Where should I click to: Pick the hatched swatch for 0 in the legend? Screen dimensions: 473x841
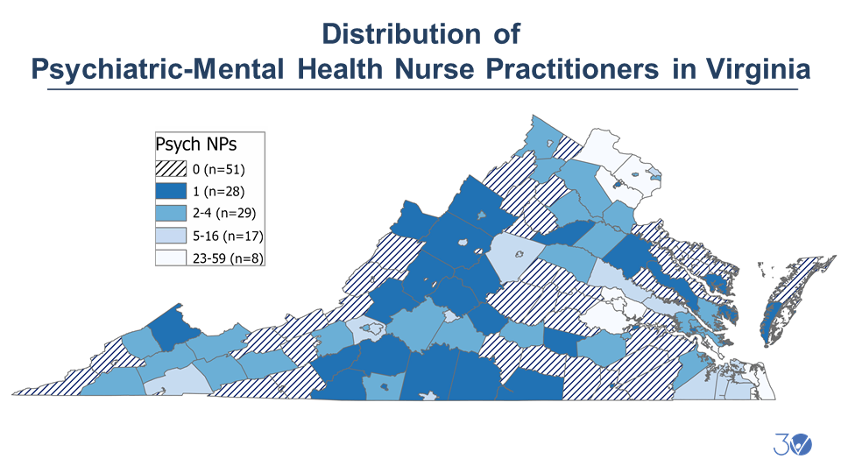tap(171, 168)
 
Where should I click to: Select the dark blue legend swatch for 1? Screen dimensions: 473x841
tap(171, 190)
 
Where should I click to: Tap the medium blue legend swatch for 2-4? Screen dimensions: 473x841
tap(171, 213)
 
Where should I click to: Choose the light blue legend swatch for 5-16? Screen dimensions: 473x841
tap(171, 235)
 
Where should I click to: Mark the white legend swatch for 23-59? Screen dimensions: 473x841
tap(171, 258)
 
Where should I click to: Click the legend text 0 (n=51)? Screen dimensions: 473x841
tap(219, 168)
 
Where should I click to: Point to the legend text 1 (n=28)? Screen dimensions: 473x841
tap(219, 190)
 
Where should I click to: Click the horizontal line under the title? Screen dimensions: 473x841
tap(420, 89)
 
